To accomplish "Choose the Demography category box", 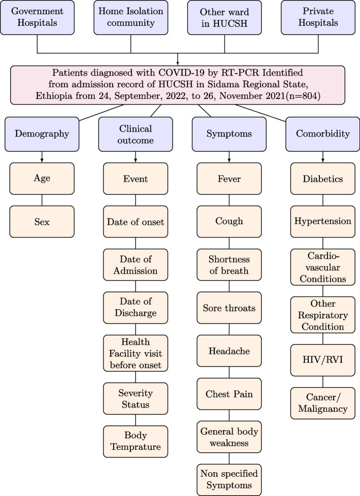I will coord(42,134).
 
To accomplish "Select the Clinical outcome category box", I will coord(135,134).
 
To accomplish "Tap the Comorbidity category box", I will coord(323,134).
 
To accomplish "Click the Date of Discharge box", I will coord(135,307).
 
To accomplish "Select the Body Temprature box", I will coord(135,441).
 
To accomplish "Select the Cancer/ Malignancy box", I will coord(323,404).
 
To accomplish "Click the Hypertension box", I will coord(323,221).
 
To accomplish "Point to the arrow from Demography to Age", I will coord(42,157).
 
